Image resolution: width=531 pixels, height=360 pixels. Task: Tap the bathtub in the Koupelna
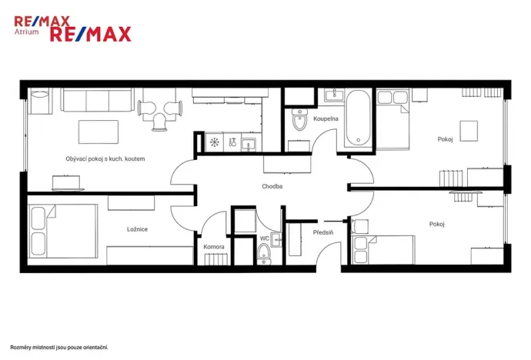point(359,118)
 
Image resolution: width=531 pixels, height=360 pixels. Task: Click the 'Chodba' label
point(272,186)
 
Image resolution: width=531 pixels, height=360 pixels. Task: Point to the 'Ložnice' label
point(138,229)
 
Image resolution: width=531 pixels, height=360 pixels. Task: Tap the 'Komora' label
point(214,247)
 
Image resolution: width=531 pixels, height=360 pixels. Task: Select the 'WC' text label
point(264,238)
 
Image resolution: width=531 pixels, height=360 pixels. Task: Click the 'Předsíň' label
point(323,232)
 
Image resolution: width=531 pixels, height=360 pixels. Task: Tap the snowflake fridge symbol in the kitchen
point(215,142)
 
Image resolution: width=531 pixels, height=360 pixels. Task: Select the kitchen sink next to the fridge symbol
point(248,142)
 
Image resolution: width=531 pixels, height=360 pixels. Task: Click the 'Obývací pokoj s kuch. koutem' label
point(105,158)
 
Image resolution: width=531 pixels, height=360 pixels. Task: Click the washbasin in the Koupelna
point(334,96)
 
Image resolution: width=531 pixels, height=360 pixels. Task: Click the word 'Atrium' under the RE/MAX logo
point(28,33)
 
